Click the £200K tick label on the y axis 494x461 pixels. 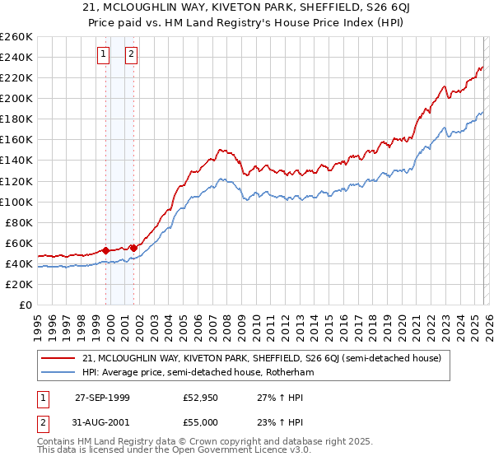[x=16, y=98]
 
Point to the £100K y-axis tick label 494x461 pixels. [x=16, y=202]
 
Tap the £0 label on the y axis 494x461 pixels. [x=26, y=305]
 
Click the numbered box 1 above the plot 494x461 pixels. [x=104, y=55]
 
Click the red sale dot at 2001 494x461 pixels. [x=133, y=247]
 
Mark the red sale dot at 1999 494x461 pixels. [x=106, y=249]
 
